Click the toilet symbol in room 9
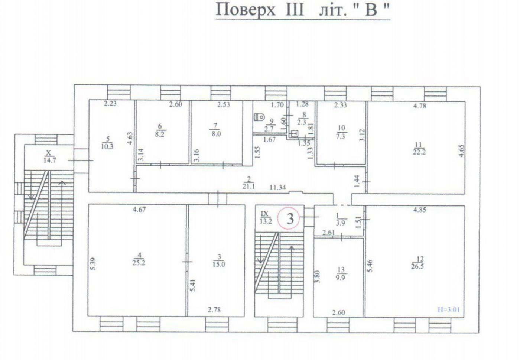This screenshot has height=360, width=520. coord(259,117)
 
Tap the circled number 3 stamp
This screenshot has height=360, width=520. coord(289,218)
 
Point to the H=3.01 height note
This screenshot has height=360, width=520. coord(448,310)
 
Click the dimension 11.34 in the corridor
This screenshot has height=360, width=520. coord(278,187)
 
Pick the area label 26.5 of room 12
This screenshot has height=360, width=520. coord(417,266)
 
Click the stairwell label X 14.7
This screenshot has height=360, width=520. coord(50,156)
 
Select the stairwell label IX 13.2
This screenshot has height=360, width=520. coord(266,217)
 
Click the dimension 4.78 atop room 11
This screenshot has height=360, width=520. coord(420,106)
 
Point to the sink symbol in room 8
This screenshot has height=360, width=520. coord(294,134)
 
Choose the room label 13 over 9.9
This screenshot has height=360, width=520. coord(341,274)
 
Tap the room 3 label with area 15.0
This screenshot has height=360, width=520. coord(219,260)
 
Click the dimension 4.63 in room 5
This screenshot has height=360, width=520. coord(130,138)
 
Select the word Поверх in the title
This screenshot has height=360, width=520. coord(246,10)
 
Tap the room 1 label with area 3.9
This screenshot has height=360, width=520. coord(341,220)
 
